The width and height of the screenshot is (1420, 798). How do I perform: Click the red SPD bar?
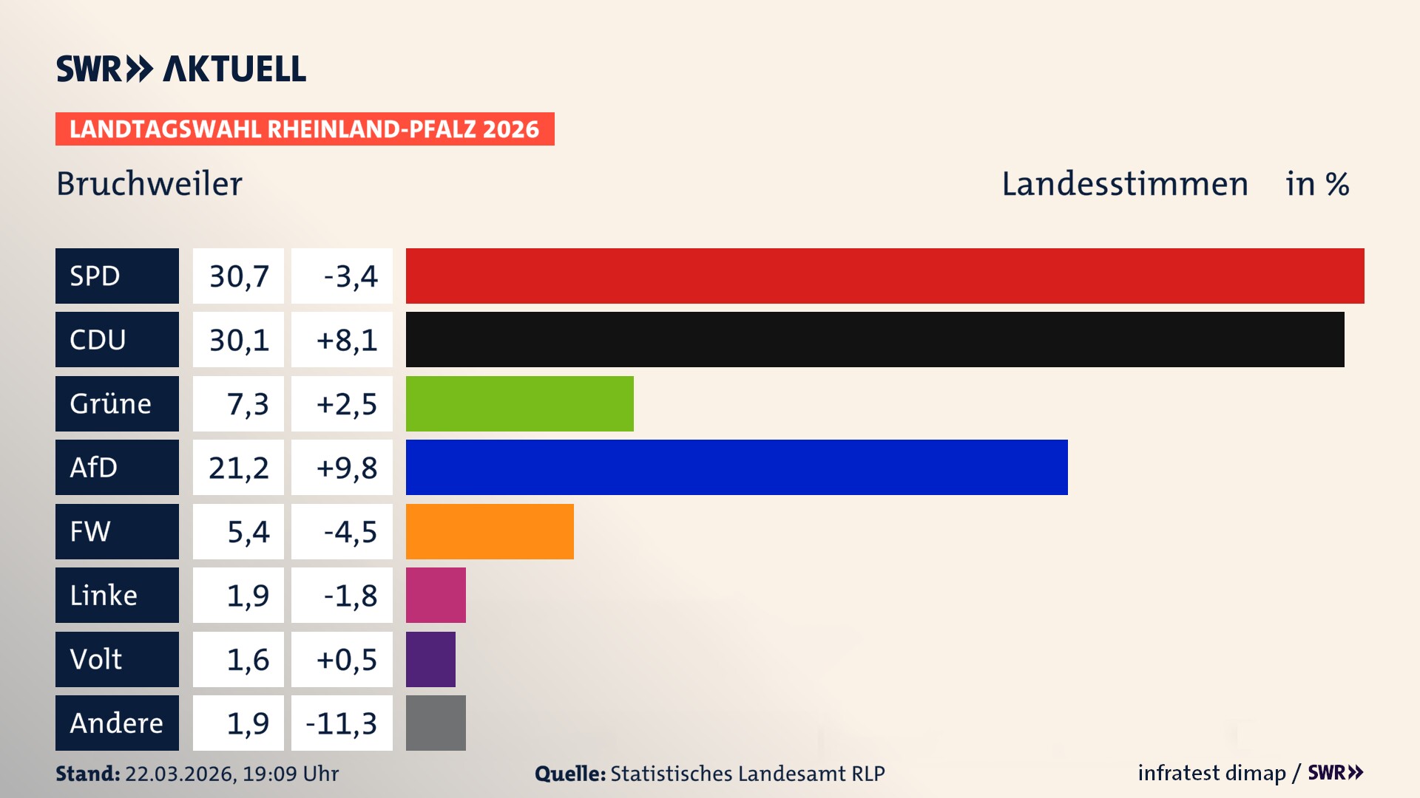click(x=885, y=276)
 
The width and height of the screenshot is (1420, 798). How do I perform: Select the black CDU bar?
click(x=875, y=340)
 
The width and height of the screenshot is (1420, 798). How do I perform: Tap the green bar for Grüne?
click(x=519, y=403)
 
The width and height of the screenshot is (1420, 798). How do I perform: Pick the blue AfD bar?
click(x=737, y=467)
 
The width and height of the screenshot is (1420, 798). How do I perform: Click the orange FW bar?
click(x=490, y=531)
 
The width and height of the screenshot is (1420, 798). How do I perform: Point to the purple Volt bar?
click(x=430, y=659)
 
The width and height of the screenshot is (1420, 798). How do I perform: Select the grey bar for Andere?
click(x=436, y=723)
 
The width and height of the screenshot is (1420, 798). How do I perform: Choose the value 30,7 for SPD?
click(x=238, y=276)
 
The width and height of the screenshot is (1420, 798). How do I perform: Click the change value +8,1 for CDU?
click(x=345, y=340)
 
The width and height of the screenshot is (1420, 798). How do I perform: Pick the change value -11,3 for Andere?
click(x=341, y=723)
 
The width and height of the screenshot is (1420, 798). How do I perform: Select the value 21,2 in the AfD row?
click(x=238, y=467)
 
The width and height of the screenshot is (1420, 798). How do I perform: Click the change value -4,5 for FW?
click(x=350, y=531)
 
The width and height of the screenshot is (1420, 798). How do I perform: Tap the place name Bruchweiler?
click(x=149, y=183)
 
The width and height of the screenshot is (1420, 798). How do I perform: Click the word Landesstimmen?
click(x=1124, y=183)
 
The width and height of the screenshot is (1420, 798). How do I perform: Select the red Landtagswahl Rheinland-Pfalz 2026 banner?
click(x=305, y=129)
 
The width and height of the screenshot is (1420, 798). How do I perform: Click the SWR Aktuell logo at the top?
click(x=181, y=69)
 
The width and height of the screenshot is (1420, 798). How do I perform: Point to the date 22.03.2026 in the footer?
click(x=179, y=774)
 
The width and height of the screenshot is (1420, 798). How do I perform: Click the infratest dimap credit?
click(x=1211, y=773)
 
